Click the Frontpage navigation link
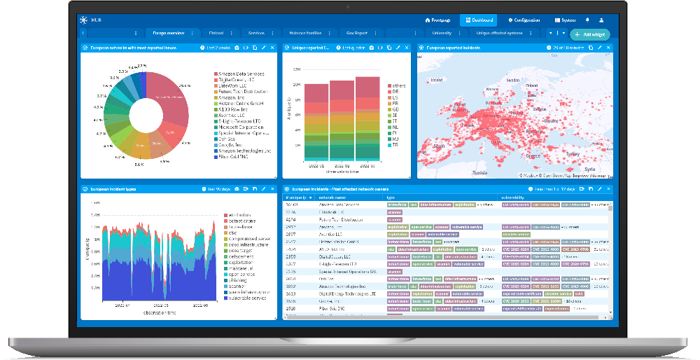(x=438, y=20)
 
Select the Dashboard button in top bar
(x=479, y=20)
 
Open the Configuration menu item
(x=524, y=20)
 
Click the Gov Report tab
(x=356, y=33)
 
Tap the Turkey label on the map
(x=573, y=153)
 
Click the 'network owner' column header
(x=333, y=198)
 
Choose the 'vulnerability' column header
(x=515, y=198)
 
